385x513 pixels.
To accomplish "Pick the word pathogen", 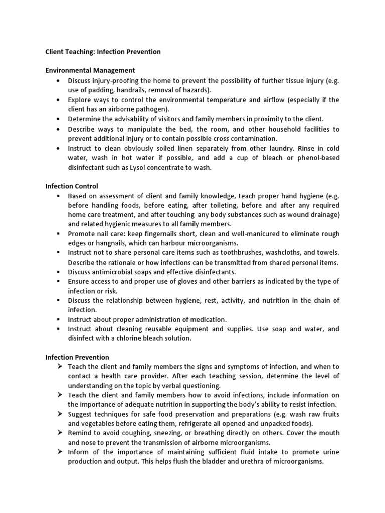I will [x=153, y=109].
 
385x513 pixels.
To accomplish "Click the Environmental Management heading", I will [x=90, y=70].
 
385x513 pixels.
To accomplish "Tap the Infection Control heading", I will [x=72, y=186].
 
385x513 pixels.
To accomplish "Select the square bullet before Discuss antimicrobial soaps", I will [x=59, y=272].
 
